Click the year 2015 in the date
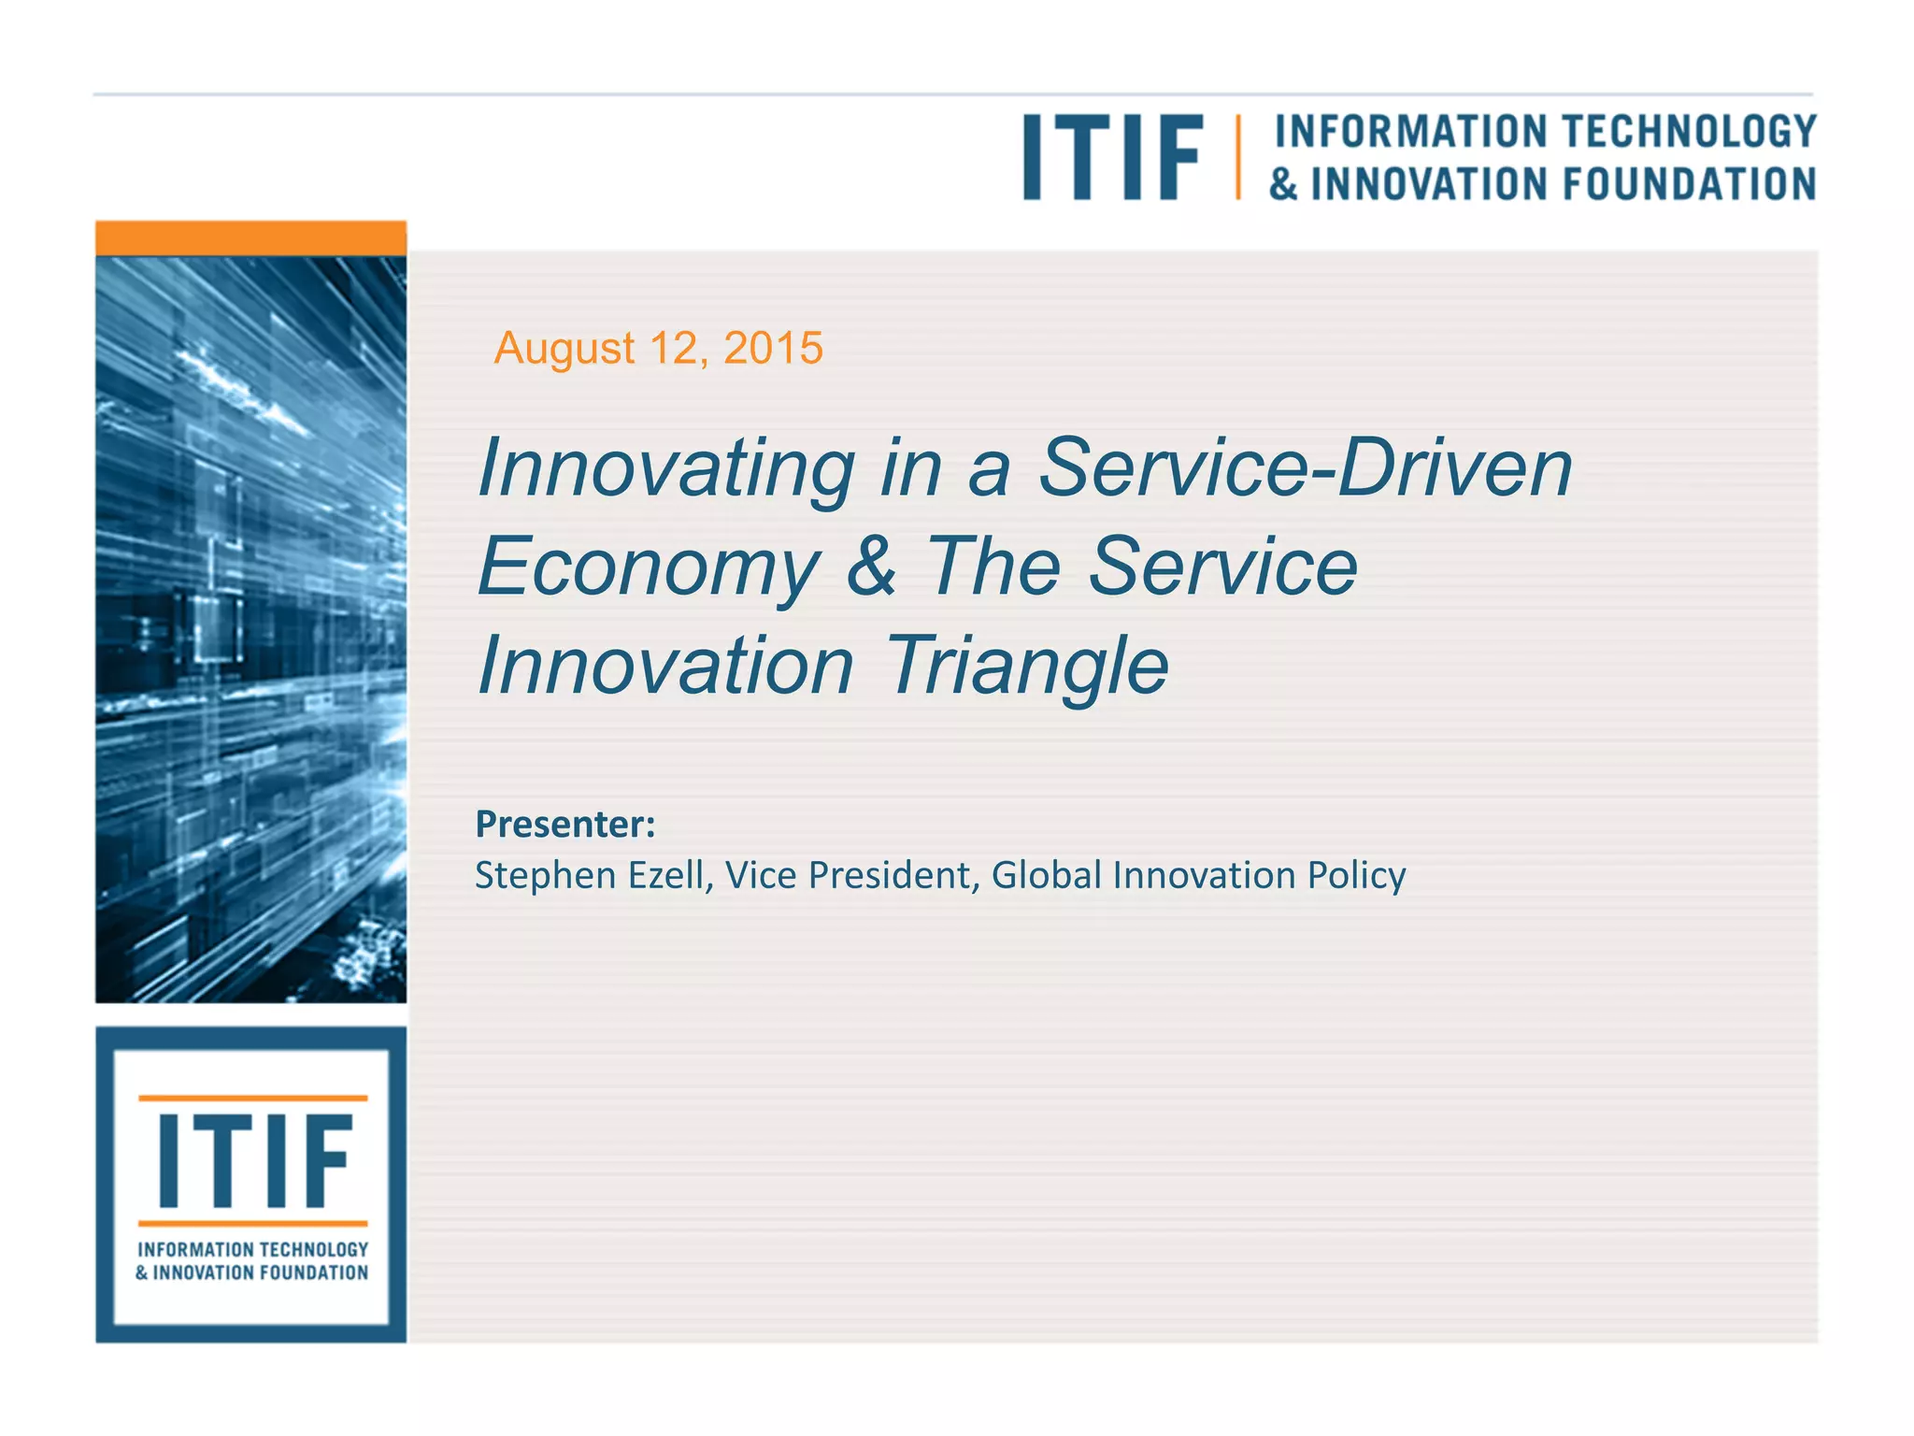(x=773, y=348)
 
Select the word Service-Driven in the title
(x=1306, y=467)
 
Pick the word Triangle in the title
(x=1026, y=666)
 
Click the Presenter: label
(x=565, y=824)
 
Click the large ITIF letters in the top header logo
(x=1112, y=157)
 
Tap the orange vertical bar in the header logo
(x=1237, y=157)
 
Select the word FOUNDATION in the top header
(x=1690, y=184)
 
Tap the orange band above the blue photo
(x=250, y=238)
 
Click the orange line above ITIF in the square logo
(x=252, y=1098)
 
